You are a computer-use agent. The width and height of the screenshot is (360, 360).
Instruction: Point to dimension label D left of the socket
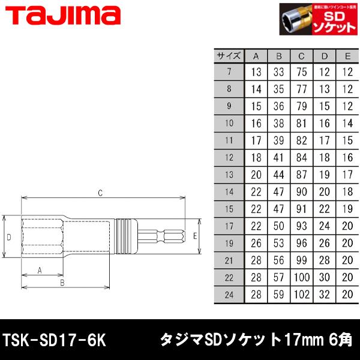coord(9,237)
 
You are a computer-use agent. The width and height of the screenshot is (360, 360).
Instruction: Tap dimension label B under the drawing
coord(62,282)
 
